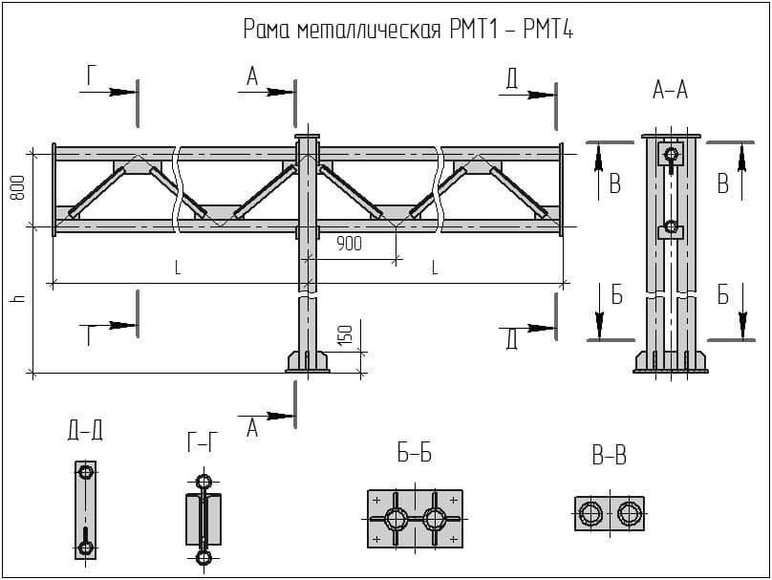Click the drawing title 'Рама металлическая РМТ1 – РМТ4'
coord(408,31)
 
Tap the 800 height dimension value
coord(17,188)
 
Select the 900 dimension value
coord(349,244)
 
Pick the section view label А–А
coord(670,92)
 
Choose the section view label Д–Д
coord(85,432)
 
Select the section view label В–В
coord(609,457)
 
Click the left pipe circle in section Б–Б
coord(397,519)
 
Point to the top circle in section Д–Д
coord(86,472)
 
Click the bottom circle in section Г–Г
coord(203,557)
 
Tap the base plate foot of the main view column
coord(307,362)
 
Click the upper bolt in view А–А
coord(671,154)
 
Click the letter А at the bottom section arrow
coord(252,429)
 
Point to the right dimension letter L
coord(434,269)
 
